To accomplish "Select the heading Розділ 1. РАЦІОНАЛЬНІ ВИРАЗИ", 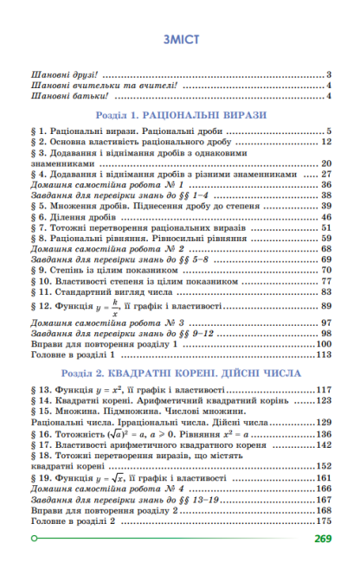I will [180, 114].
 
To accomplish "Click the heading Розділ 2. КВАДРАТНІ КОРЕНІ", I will [180, 350].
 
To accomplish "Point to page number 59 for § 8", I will [327, 238].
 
